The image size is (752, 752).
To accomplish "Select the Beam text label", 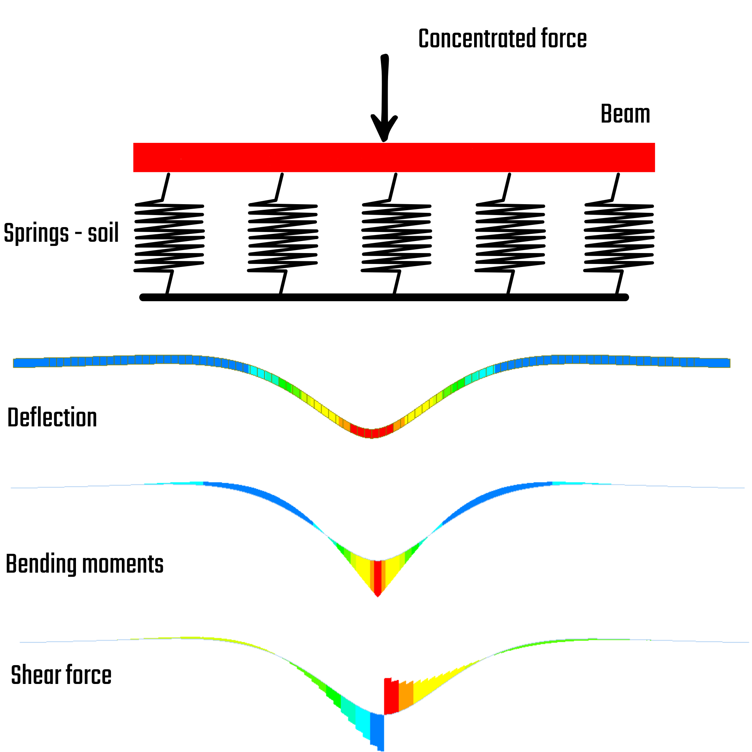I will pos(625,114).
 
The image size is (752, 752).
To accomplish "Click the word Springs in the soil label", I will pos(36,233).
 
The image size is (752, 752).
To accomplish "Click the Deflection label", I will pos(52,418).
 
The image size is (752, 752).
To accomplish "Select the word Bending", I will pos(41,564).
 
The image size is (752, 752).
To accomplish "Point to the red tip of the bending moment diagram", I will pos(378,580).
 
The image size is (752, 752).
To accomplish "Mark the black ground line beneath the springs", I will pos(384,297).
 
